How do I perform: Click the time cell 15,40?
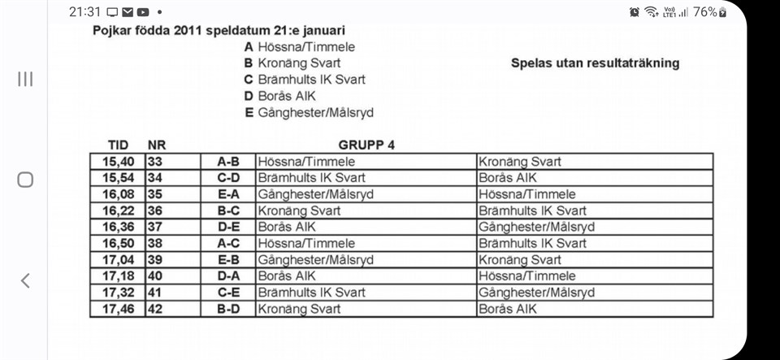click(x=117, y=162)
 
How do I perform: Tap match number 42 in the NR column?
click(x=155, y=309)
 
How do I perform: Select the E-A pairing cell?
click(x=227, y=194)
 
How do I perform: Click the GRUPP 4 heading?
click(x=366, y=145)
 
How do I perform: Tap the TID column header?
click(x=118, y=145)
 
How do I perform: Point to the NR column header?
click(x=157, y=145)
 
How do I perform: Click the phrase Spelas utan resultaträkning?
click(x=595, y=63)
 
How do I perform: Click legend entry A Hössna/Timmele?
click(x=300, y=46)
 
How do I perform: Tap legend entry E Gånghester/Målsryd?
click(x=309, y=112)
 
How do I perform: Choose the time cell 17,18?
click(x=117, y=276)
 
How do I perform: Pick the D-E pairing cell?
click(x=227, y=227)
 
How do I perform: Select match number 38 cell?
click(x=155, y=243)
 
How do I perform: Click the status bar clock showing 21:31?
click(x=84, y=11)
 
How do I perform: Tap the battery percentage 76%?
click(x=705, y=11)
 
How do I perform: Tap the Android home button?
click(x=25, y=180)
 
